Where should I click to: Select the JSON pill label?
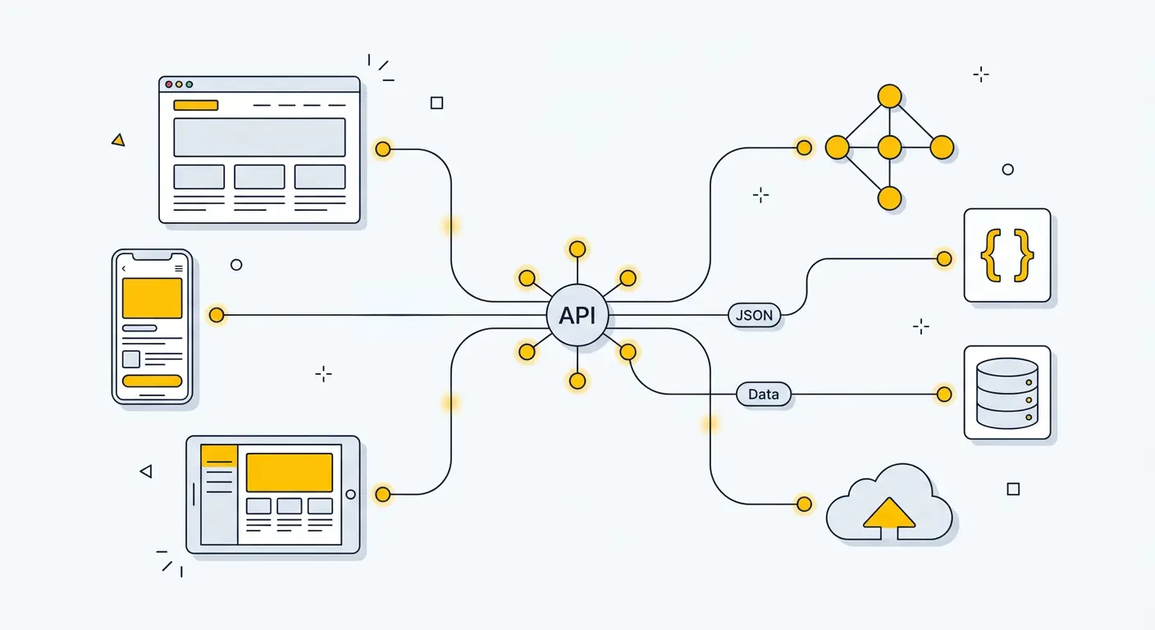click(x=754, y=316)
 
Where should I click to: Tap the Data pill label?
click(x=763, y=395)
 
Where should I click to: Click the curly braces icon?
click(x=1007, y=255)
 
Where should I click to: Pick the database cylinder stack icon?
click(x=1007, y=392)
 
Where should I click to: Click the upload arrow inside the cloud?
click(x=889, y=515)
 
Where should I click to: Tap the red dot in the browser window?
click(x=169, y=84)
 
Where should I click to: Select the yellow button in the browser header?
click(x=195, y=105)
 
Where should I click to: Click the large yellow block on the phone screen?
click(x=152, y=298)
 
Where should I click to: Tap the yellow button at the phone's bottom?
click(x=152, y=381)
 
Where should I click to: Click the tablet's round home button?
click(x=351, y=495)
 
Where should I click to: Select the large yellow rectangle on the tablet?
click(x=290, y=472)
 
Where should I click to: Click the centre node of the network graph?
click(x=889, y=148)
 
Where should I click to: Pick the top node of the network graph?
click(x=889, y=96)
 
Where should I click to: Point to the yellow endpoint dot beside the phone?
click(x=217, y=315)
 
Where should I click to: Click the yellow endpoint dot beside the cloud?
click(x=804, y=504)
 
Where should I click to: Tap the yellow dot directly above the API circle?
click(x=577, y=249)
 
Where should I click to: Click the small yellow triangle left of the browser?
click(x=118, y=140)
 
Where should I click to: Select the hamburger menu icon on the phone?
click(x=179, y=268)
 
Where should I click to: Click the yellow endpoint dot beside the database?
click(x=944, y=395)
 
